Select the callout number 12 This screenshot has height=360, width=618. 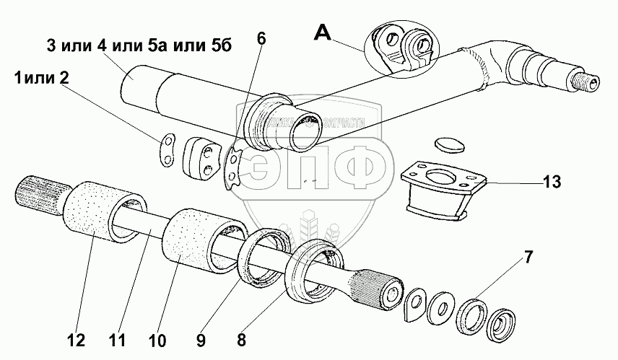[77, 339]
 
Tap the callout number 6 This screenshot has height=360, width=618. [261, 38]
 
